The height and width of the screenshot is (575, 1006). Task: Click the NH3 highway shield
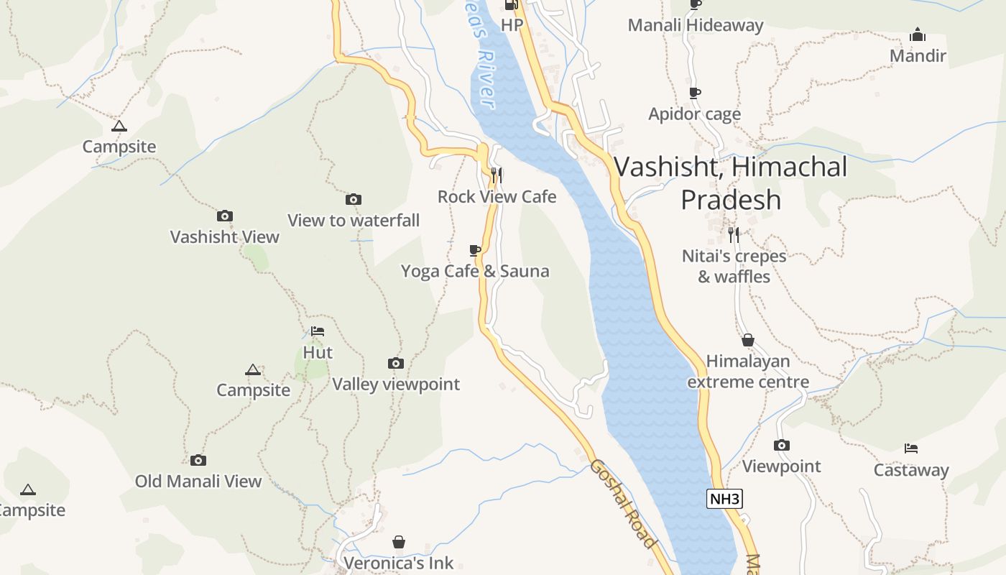click(x=724, y=499)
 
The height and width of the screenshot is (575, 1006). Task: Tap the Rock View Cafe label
click(x=497, y=196)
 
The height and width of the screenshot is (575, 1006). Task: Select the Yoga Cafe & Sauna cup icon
click(x=474, y=250)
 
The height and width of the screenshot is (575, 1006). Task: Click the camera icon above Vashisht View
click(x=225, y=216)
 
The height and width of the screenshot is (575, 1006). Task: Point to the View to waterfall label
click(x=354, y=220)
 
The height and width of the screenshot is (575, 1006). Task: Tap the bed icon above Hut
click(x=318, y=331)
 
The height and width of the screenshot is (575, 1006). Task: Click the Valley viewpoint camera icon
click(x=396, y=363)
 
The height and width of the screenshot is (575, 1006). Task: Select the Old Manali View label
click(x=198, y=481)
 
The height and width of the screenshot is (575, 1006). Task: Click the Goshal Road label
click(x=623, y=503)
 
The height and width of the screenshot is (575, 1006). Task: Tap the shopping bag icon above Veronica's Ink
click(x=399, y=542)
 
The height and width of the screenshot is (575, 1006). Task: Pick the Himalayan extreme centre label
click(x=748, y=372)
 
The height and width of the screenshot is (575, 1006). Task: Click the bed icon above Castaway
click(x=911, y=448)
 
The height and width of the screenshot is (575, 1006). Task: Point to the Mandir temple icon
click(x=918, y=34)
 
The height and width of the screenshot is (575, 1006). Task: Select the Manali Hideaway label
click(x=696, y=25)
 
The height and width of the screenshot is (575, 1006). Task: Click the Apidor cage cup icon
click(x=694, y=93)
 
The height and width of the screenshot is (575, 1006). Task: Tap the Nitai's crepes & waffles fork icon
click(x=733, y=234)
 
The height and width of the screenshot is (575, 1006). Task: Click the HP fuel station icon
click(x=512, y=5)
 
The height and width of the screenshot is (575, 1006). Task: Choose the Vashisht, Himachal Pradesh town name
click(x=731, y=183)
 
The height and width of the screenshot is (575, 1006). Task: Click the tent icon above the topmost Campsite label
click(x=119, y=126)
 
